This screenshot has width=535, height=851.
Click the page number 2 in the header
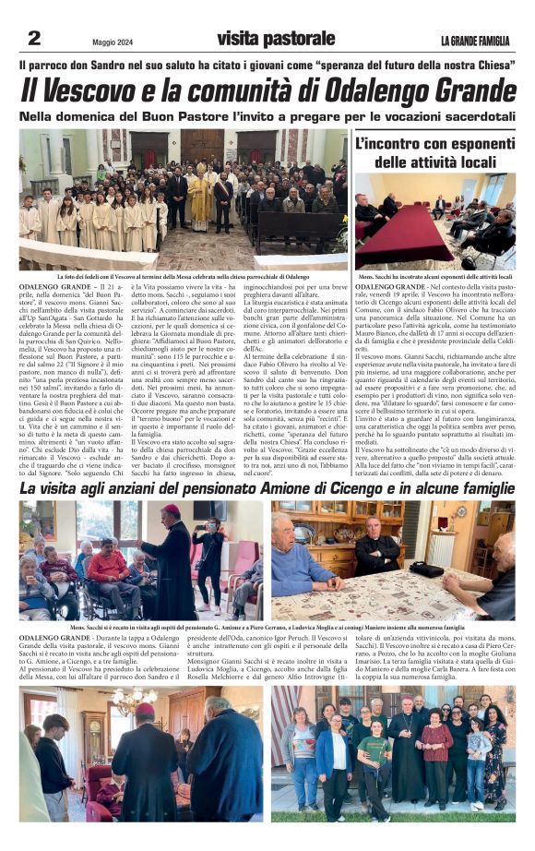pos(34,38)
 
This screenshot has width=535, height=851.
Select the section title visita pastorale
pos(266,39)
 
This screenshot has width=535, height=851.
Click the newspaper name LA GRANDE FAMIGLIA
pos(474,40)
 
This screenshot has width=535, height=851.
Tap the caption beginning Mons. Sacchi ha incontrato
pos(435,276)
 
